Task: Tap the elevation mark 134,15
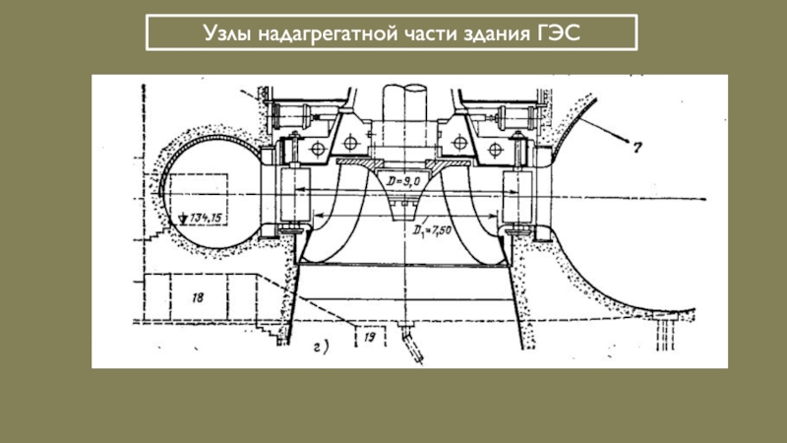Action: (199, 217)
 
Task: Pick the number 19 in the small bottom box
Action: (370, 337)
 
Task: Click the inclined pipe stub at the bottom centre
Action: (410, 345)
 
